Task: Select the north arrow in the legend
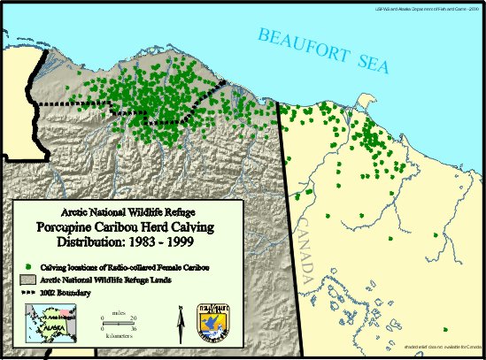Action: pos(181,318)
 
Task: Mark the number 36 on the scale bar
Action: pos(134,326)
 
